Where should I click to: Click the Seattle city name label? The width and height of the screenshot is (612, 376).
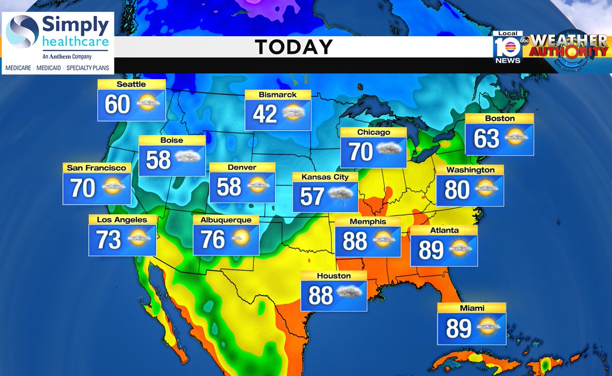coord(131,84)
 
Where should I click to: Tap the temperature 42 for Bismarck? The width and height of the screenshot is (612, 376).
coord(265,114)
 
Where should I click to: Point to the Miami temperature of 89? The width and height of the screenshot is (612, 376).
coord(458,329)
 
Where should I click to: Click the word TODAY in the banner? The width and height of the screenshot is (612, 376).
coord(294,47)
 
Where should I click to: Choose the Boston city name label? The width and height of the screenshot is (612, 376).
coord(500,118)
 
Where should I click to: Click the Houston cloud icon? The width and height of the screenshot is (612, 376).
coord(349,293)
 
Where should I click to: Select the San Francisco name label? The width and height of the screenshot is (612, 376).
coord(96,167)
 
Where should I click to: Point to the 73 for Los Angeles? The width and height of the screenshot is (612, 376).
coord(108,239)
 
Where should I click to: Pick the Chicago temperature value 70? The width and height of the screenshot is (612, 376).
coord(361,152)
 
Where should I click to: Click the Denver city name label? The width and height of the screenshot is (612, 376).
coord(242,167)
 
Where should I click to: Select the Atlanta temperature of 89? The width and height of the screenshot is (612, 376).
coord(431,250)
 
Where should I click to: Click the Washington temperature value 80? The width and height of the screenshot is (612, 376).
coord(456,189)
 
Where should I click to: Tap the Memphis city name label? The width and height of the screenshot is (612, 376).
coord(368,221)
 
